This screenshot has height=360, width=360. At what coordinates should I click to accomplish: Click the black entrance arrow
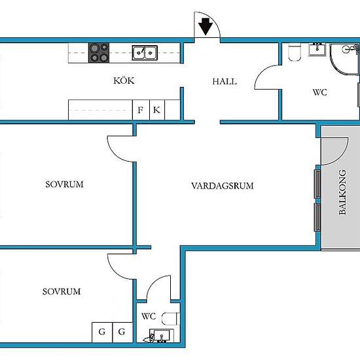(206, 27)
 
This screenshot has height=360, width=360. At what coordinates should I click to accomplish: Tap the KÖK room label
(124, 81)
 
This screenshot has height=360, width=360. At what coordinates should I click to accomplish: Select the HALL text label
(225, 82)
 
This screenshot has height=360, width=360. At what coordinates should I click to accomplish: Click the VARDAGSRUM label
(223, 186)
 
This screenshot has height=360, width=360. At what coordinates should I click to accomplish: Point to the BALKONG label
(342, 192)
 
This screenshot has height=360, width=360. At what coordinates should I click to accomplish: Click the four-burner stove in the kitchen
(99, 52)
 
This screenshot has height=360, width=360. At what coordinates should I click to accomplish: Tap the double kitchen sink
(145, 53)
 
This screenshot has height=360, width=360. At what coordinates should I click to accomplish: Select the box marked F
(141, 110)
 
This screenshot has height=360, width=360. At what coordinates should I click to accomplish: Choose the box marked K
(157, 110)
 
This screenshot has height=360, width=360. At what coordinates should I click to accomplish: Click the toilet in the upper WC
(295, 52)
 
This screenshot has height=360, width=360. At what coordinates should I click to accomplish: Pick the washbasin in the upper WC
(317, 49)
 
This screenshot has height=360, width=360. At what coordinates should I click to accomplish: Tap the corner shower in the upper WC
(344, 59)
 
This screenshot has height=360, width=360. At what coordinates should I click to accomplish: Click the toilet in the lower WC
(171, 319)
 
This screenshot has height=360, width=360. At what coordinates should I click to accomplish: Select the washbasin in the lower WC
(162, 335)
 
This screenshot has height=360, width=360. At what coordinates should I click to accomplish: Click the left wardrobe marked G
(102, 333)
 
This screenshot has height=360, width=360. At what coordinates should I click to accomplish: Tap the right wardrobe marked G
(122, 333)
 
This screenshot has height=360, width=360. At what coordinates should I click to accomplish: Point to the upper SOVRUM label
(64, 185)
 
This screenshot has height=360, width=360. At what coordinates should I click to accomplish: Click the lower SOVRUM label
(62, 291)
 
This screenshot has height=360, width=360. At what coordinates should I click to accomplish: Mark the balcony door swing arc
(342, 156)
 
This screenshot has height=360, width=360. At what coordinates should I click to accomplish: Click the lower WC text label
(149, 316)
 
